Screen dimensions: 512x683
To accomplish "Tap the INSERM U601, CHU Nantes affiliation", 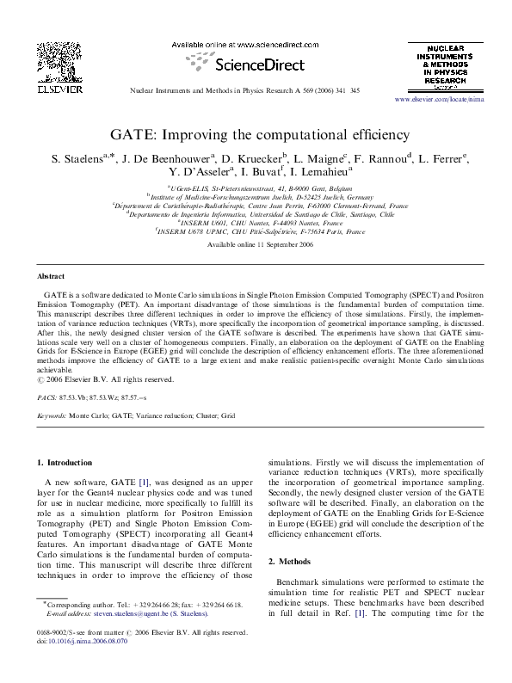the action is pos(256,222).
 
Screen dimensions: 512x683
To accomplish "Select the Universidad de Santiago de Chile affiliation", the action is pos(256,214).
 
